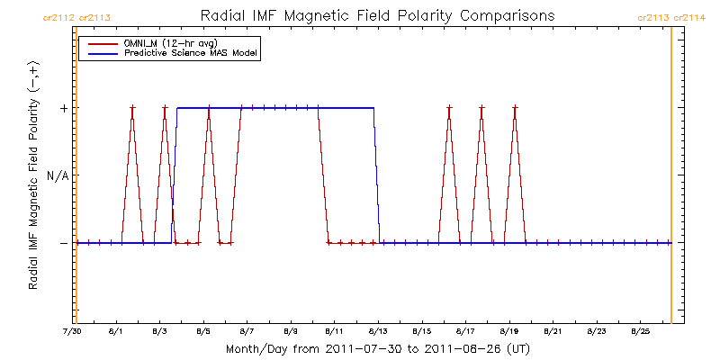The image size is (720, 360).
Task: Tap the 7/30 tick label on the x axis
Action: [72, 332]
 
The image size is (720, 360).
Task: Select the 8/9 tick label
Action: [291, 332]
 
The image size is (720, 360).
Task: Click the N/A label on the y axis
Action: [57, 175]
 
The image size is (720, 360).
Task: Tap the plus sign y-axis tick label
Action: [63, 108]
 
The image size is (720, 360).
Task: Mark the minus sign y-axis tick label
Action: [63, 243]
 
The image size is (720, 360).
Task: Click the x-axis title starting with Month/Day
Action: [373, 348]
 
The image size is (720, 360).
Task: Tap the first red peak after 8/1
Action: [132, 108]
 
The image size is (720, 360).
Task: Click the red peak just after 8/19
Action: [515, 108]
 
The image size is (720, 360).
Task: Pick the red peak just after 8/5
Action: [209, 108]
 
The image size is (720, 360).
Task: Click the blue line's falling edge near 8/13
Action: [376, 175]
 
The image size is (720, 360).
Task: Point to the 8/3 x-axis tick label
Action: [159, 332]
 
